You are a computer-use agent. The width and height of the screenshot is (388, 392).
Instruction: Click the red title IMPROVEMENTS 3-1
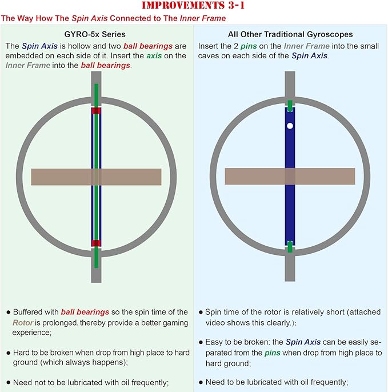[193, 5]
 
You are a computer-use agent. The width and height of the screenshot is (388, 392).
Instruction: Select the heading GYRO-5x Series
[95, 34]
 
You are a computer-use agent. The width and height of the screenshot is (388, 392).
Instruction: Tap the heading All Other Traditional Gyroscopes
[290, 34]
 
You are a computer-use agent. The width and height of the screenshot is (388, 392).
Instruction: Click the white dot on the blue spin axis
[290, 126]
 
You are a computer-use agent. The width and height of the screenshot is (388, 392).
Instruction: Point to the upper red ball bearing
[96, 110]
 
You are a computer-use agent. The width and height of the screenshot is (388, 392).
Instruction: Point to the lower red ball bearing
[96, 243]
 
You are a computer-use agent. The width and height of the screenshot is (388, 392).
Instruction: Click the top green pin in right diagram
[290, 106]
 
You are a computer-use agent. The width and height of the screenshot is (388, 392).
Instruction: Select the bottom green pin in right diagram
[290, 246]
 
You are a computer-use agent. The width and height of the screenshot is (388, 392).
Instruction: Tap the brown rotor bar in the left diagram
[96, 177]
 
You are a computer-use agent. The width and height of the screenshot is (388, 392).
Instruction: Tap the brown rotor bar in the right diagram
[290, 176]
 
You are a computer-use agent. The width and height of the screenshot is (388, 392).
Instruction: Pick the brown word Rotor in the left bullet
[23, 322]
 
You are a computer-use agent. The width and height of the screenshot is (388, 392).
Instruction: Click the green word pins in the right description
[249, 46]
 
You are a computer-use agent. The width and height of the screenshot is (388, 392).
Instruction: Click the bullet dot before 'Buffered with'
[9, 312]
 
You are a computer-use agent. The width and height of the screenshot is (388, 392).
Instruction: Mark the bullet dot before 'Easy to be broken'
[201, 342]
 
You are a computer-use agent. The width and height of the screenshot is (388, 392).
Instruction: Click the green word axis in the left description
[154, 56]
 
